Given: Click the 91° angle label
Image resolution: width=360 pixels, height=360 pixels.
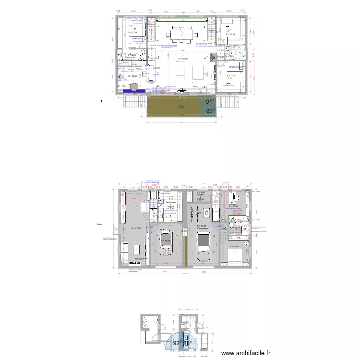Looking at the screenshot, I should [210, 102].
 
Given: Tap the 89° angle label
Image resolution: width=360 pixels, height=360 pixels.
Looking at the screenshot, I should [210, 111].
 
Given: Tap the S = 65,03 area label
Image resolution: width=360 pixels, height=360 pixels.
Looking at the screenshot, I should [182, 59].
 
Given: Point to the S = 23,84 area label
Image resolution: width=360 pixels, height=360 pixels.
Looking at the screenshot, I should [202, 226].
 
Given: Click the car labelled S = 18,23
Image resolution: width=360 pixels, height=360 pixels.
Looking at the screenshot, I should [167, 240].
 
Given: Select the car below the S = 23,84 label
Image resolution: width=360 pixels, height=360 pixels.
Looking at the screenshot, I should [204, 241].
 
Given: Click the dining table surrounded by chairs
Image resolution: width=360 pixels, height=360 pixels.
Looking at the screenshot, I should [182, 35].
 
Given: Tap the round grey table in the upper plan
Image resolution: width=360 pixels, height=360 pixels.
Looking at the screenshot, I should [135, 86].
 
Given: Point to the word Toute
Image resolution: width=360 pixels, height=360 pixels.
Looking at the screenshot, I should [99, 224].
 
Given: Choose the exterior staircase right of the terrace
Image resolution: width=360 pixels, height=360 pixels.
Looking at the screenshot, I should [229, 102].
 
